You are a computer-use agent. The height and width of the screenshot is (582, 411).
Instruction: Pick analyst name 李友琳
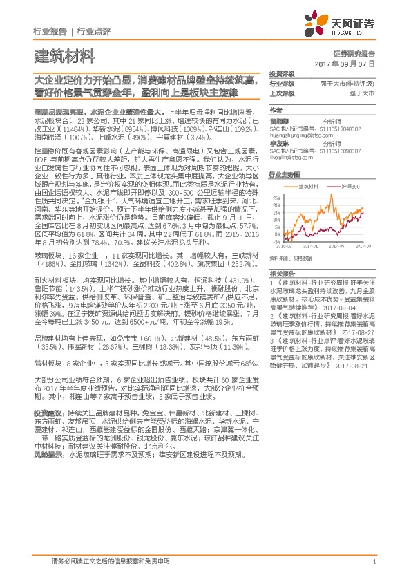(x=279, y=143)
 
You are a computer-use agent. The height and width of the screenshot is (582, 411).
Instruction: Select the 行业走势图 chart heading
(x=285, y=176)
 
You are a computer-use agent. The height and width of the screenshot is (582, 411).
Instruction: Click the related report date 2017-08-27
(x=358, y=332)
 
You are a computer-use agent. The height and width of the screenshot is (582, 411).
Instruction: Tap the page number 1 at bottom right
(x=374, y=562)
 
